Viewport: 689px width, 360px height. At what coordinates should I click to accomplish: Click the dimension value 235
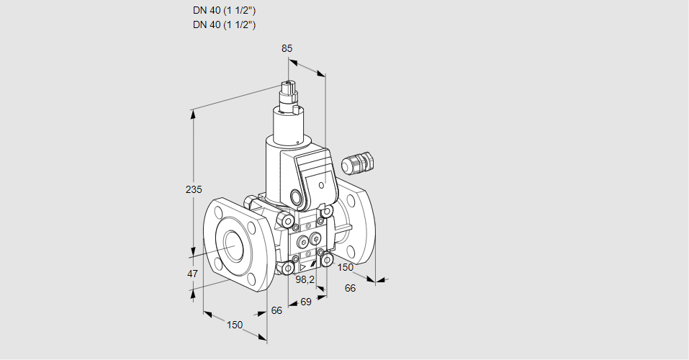coord(194,190)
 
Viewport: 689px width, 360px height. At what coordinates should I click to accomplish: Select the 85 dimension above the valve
coord(287,48)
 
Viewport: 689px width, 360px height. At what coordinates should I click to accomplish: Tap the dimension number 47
coord(192,274)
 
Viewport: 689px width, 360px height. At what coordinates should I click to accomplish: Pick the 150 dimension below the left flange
coord(235,325)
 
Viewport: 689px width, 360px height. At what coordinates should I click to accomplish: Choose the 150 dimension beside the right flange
coord(346,267)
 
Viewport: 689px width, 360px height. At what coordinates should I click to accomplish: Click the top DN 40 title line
coord(225,11)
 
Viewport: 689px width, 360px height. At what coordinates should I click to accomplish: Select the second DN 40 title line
coord(225,24)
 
